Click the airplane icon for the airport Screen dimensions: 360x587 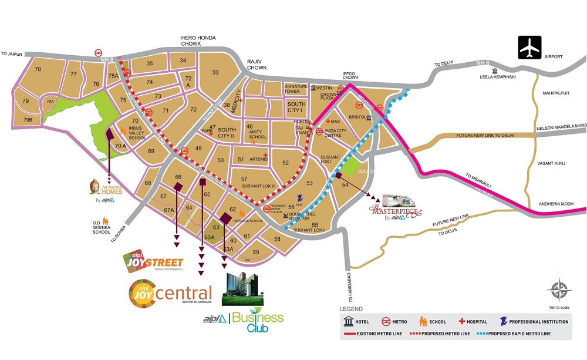[529, 48]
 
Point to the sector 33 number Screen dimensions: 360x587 [215, 72]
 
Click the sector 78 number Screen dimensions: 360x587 [38, 70]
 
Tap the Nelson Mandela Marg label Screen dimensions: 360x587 [561, 126]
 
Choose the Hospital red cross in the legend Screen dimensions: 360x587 [462, 322]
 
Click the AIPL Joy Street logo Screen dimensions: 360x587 [153, 261]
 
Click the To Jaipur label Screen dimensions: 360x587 [12, 55]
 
